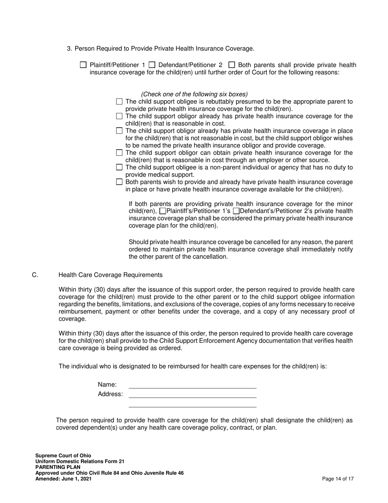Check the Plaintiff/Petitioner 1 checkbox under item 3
click(83, 65)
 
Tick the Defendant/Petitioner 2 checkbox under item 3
click(152, 65)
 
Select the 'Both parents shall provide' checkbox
click(232, 65)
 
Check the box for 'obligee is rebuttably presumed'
click(119, 101)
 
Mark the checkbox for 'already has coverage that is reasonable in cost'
click(119, 116)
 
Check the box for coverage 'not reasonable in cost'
click(119, 131)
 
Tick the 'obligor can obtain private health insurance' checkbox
click(119, 153)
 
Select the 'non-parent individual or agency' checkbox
click(119, 167)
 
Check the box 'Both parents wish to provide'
click(119, 182)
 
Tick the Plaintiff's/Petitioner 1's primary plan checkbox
click(163, 211)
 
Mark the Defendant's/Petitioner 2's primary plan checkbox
click(236, 211)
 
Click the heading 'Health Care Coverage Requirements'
click(110, 275)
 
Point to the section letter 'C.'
click(35, 275)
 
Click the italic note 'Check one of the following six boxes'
click(194, 94)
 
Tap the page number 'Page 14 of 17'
click(338, 479)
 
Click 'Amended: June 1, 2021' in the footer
click(63, 479)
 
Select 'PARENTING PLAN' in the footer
click(58, 467)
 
